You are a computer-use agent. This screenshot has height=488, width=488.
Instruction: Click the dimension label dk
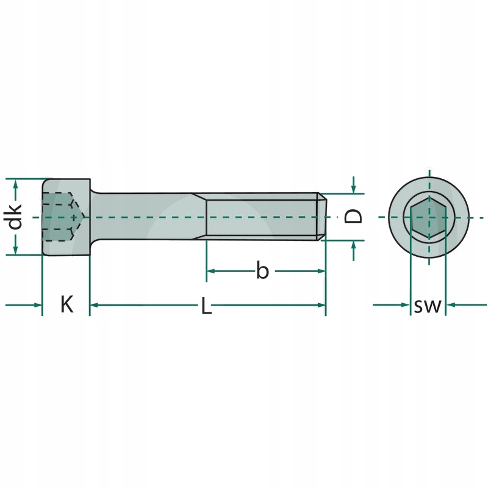point(16,217)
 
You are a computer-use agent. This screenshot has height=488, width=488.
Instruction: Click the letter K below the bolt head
point(66,304)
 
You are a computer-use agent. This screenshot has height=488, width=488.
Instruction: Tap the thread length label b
point(262,270)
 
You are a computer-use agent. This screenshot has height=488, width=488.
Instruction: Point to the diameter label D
point(354,216)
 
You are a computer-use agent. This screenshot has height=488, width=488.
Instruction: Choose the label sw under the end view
point(427,306)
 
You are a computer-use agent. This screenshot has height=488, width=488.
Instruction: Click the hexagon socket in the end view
point(429,218)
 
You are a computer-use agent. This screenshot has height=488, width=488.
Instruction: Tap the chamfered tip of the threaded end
point(321,217)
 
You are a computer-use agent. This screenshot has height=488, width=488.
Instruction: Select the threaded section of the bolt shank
point(262,217)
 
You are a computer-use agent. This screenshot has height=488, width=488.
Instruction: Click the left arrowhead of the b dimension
point(210,270)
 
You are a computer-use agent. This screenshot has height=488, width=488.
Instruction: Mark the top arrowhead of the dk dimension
point(16,182)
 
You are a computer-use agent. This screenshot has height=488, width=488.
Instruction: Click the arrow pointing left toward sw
point(451,304)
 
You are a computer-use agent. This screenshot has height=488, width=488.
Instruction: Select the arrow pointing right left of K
point(37,304)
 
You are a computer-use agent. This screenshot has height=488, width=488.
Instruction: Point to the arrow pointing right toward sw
point(404,304)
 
